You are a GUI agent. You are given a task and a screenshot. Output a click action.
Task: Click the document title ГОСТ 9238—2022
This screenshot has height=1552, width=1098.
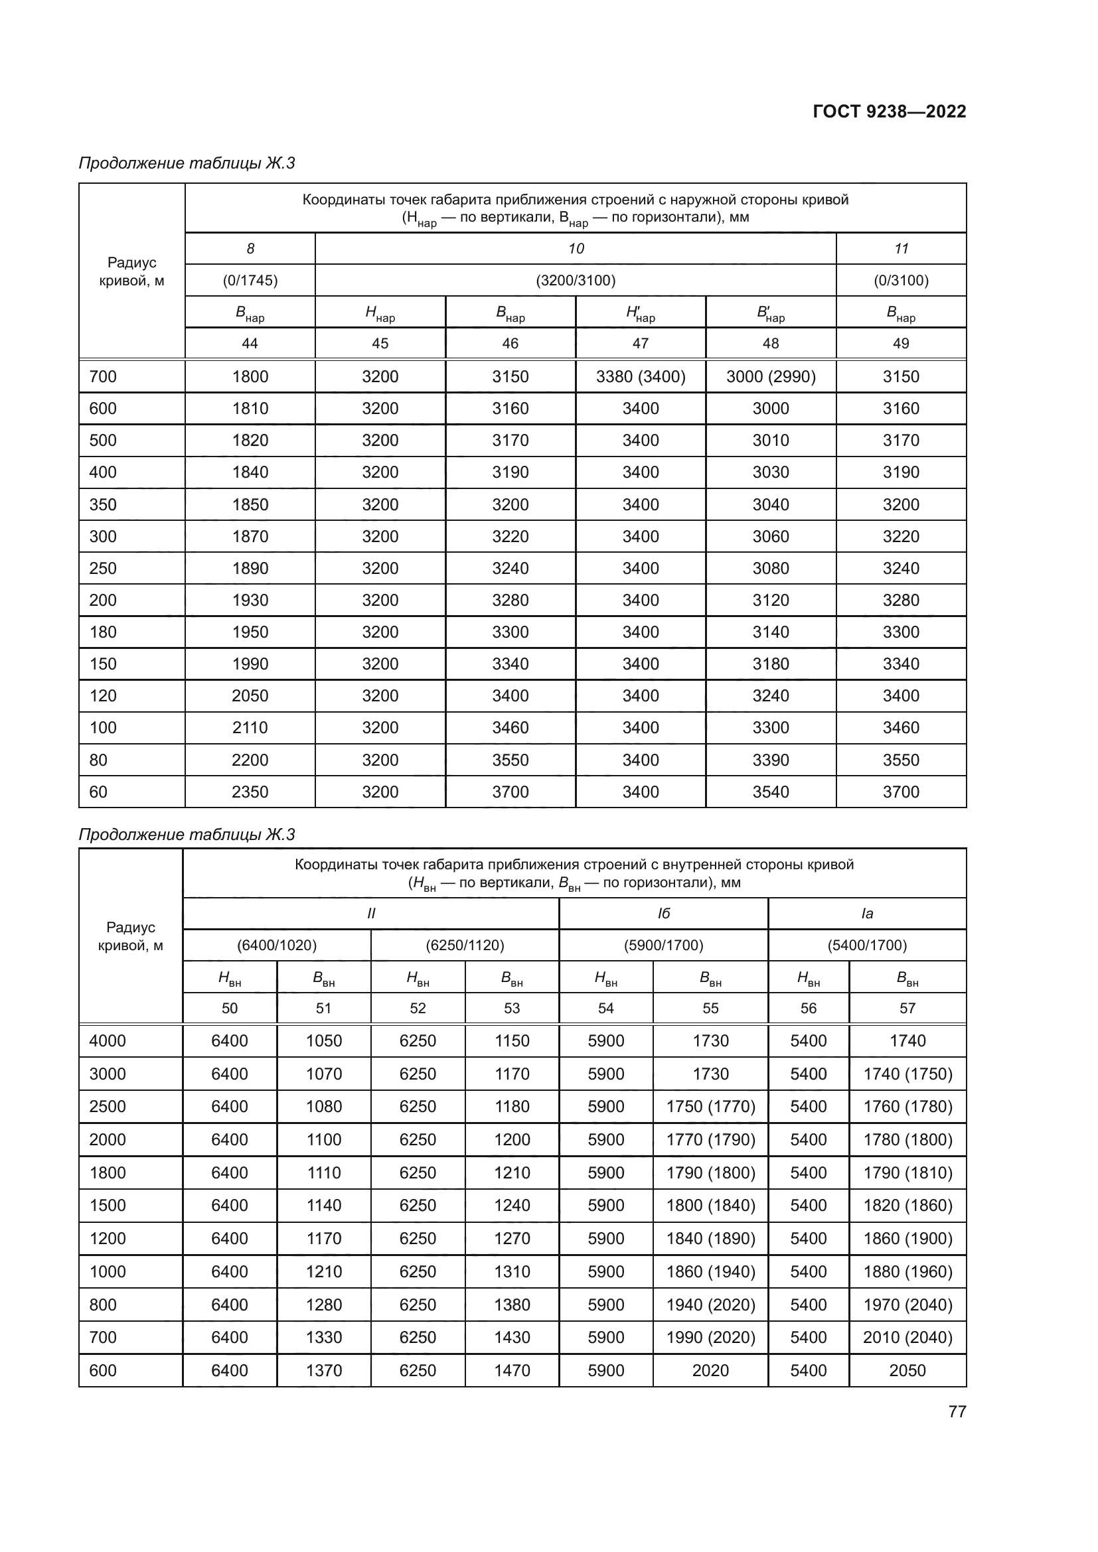click(x=889, y=111)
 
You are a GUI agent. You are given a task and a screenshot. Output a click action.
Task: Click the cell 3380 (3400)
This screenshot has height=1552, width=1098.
click(x=640, y=376)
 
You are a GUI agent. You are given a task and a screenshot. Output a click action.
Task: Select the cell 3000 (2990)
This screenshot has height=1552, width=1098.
click(x=771, y=376)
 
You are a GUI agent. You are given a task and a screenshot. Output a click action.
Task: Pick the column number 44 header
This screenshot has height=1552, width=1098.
click(x=250, y=344)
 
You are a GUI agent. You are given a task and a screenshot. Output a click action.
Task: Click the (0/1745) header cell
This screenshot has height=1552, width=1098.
click(x=250, y=281)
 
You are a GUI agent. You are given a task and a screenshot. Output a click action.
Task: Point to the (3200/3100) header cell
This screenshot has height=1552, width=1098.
click(x=576, y=281)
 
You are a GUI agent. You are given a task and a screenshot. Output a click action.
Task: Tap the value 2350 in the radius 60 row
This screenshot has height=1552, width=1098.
click(x=250, y=792)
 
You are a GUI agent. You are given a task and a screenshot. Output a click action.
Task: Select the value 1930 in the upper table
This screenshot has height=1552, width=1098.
click(x=250, y=600)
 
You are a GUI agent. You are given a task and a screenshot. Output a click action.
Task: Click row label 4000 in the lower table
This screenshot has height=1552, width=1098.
click(x=108, y=1041)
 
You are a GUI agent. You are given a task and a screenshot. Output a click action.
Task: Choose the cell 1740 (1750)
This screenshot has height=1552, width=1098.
click(x=907, y=1074)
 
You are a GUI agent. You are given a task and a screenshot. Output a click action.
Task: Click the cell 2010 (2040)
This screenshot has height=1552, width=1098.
click(x=907, y=1337)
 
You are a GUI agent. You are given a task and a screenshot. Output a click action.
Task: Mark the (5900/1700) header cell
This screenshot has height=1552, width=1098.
click(x=663, y=945)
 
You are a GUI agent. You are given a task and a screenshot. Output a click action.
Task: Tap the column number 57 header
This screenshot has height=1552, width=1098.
click(x=907, y=1009)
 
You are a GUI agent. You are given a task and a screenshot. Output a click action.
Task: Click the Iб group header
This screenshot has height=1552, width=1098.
click(x=663, y=914)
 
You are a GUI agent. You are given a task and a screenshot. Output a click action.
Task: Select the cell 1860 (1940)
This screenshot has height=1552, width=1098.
click(x=710, y=1271)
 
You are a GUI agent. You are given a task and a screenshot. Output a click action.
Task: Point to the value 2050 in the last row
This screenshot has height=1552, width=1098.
click(x=907, y=1370)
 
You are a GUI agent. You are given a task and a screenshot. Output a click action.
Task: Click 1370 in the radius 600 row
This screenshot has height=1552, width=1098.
click(x=324, y=1370)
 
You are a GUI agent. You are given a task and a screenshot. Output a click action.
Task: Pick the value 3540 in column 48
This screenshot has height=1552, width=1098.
click(x=771, y=792)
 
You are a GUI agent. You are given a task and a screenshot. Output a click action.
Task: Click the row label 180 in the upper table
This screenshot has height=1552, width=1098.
click(x=103, y=632)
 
